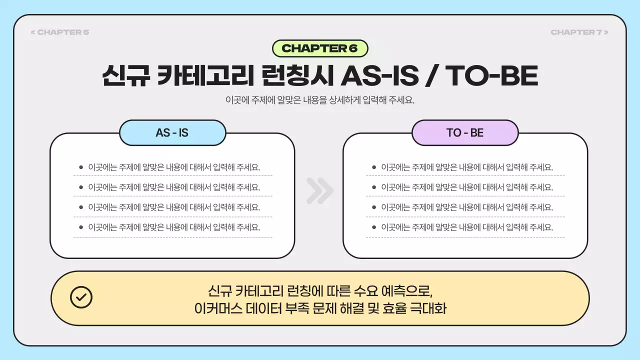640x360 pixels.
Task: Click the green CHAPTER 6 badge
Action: coord(320,48)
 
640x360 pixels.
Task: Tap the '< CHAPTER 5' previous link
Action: coord(60,32)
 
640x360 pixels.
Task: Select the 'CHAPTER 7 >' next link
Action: coord(579,32)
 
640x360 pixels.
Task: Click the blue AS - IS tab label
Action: coord(172,133)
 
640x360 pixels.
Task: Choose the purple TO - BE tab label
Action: coord(465,133)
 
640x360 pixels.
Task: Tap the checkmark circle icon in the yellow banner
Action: coord(81,297)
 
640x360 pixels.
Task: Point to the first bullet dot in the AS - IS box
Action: coord(81,167)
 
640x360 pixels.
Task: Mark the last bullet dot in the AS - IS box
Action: coord(81,227)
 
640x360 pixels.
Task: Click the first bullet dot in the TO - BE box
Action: coord(373,167)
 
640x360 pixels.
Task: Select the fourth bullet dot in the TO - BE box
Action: coord(373,227)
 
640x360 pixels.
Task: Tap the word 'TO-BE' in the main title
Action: coord(491,76)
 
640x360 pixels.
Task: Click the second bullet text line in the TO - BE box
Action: coord(467,187)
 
